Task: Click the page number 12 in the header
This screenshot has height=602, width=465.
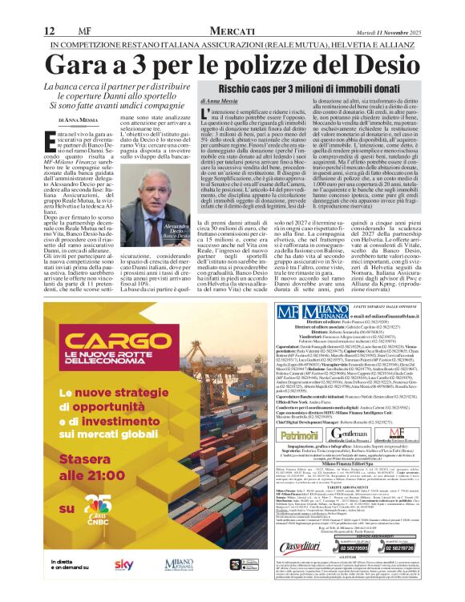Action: pos(49,8)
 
